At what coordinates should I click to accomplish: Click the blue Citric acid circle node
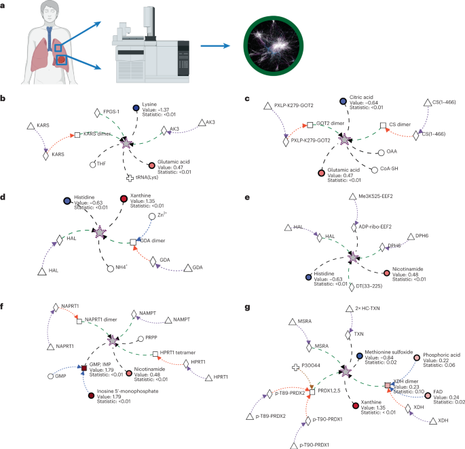[343, 102]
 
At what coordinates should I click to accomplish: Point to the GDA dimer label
[154, 241]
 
